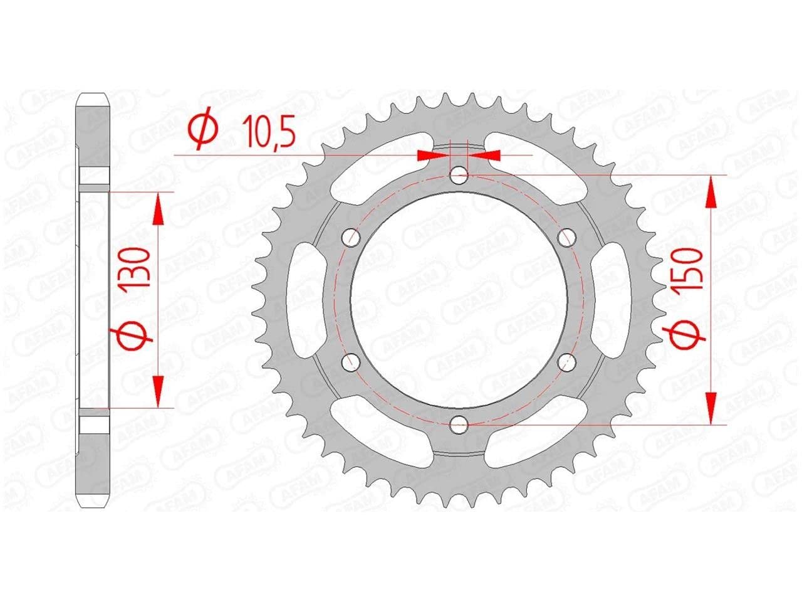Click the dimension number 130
[x=137, y=267]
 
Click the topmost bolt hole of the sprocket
[x=459, y=174]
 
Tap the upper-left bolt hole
[x=351, y=237]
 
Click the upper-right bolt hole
[x=568, y=236]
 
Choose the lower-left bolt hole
[x=351, y=361]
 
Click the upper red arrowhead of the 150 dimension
[x=711, y=191]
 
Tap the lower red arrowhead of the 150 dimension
[x=711, y=408]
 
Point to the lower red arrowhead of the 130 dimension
[x=158, y=392]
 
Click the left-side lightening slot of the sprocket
[x=306, y=298]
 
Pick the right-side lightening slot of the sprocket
[x=612, y=298]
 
